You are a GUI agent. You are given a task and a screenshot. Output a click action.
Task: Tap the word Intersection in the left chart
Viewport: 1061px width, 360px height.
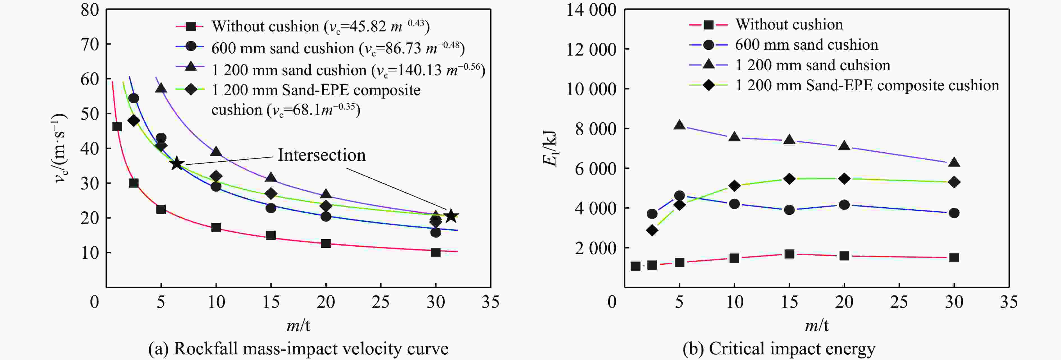pos(321,155)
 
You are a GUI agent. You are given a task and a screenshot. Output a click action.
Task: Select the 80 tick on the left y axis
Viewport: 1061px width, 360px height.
pos(90,10)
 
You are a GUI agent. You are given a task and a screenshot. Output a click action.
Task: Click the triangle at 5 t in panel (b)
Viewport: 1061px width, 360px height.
pos(679,125)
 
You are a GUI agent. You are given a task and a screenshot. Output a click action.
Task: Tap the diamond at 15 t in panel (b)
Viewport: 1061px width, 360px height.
pos(789,179)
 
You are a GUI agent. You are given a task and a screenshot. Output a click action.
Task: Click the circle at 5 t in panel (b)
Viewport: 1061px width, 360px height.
pos(679,196)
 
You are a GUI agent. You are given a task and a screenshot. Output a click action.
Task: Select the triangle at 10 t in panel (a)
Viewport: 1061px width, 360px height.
pos(216,152)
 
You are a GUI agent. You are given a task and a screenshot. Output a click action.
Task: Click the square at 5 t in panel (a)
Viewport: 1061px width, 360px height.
pos(161,209)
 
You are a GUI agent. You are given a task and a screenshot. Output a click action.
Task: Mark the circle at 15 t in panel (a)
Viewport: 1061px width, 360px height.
pos(271,208)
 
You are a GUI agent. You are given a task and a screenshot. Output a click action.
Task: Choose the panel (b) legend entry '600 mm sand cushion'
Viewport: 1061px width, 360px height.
pos(806,45)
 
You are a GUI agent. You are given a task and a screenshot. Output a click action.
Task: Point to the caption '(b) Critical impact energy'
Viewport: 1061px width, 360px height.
pos(778,348)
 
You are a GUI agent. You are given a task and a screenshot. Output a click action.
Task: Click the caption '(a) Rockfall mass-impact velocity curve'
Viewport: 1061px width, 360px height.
pos(298,348)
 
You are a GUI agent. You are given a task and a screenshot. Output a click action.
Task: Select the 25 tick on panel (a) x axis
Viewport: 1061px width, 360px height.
pos(380,302)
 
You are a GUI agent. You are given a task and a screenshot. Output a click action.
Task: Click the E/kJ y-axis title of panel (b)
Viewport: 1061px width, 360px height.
pos(550,148)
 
